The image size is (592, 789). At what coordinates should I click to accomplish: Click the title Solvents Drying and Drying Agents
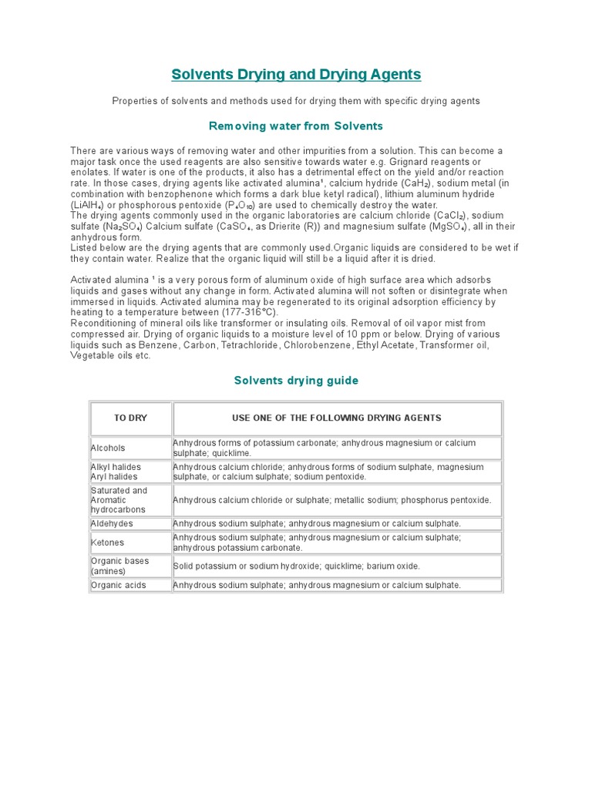pos(296,75)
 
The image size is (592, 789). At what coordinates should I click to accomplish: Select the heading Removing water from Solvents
pos(296,126)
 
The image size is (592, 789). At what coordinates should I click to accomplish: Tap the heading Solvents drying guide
pos(296,381)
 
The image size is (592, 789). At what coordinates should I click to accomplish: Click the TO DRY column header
pos(130,418)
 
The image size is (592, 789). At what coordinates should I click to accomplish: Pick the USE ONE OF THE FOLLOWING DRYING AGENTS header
pos(337,418)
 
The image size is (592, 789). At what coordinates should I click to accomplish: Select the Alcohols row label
pos(109,448)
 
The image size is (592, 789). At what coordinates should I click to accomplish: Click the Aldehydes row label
pos(112,523)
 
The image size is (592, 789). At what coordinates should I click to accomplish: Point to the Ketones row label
pos(108,542)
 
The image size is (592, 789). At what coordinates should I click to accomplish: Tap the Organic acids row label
pos(118,585)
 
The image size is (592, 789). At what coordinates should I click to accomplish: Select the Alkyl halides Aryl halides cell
pos(116,472)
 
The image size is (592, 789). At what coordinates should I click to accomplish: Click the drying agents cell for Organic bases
pos(297,566)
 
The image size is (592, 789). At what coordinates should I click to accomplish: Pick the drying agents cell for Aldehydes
pos(317,523)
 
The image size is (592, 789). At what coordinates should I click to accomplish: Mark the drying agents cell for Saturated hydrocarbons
pos(332,500)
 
